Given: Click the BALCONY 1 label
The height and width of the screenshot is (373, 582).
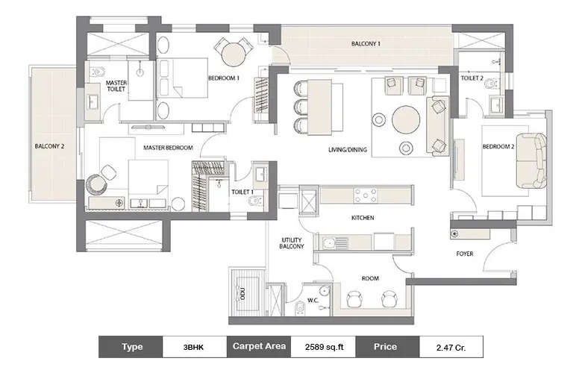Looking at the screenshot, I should [x=366, y=44].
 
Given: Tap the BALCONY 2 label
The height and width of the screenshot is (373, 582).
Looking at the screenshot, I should [x=49, y=146].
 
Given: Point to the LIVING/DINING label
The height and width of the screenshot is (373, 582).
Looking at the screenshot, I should [x=348, y=150].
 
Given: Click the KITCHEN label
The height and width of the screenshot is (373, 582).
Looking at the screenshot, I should [x=362, y=218].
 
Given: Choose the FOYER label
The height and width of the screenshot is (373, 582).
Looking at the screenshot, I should [x=466, y=254].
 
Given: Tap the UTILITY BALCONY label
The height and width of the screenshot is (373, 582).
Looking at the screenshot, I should [x=291, y=245].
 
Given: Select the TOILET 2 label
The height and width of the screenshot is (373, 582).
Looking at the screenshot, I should [x=472, y=78].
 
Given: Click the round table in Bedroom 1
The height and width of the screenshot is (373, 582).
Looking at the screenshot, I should [x=233, y=54].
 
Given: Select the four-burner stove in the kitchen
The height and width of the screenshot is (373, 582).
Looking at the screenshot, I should [x=365, y=195].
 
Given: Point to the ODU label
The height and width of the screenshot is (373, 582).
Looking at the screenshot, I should [x=240, y=292].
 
